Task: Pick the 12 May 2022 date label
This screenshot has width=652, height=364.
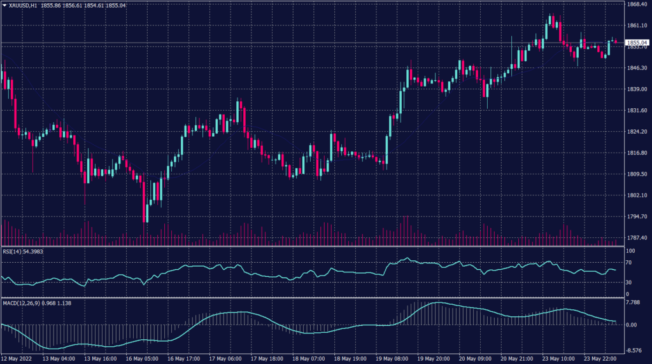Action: coord(17,360)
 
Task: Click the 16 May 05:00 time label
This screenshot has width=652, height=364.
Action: coord(141,360)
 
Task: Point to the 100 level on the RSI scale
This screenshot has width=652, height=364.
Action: coord(628,251)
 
